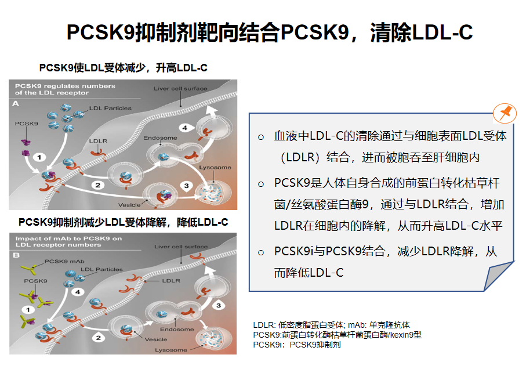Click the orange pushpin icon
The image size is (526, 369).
click(505, 113)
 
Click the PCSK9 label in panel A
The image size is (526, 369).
click(27, 124)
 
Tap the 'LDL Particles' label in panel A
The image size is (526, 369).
click(110, 108)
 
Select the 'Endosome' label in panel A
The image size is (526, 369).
click(160, 138)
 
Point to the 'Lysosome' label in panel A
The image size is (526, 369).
click(215, 167)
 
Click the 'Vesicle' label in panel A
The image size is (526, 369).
click(129, 205)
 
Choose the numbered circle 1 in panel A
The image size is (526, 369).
click(39, 157)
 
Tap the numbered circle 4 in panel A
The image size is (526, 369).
click(185, 128)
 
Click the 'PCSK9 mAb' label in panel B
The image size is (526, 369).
click(64, 261)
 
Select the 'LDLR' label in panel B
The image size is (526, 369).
click(171, 280)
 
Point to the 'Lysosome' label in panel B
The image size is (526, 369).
click(171, 350)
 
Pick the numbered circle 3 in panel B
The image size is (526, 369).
click(219, 305)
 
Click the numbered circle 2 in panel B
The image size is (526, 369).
click(98, 338)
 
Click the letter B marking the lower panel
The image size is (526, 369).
click(16, 255)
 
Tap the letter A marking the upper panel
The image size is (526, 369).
click(16, 104)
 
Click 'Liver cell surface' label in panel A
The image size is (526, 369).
click(180, 89)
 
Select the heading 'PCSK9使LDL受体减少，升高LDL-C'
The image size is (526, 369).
click(123, 68)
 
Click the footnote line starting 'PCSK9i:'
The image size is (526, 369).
click(297, 345)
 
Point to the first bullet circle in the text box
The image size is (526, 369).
click(261, 137)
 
